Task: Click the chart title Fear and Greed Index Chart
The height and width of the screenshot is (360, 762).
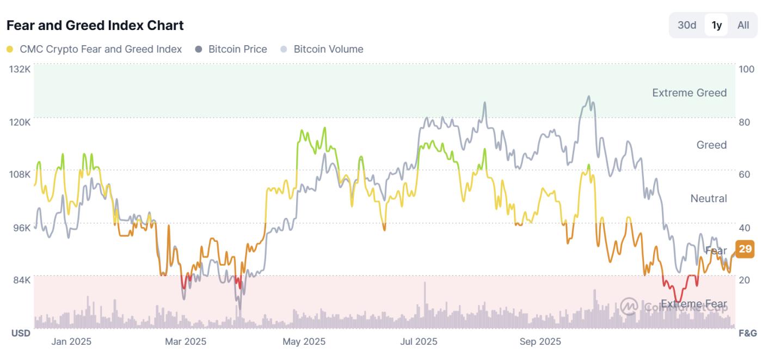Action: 95,25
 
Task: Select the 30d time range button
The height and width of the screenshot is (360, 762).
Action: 687,25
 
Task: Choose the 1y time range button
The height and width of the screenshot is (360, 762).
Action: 716,25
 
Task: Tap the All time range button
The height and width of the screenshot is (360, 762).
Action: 743,25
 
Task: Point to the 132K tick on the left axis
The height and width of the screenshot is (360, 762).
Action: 20,69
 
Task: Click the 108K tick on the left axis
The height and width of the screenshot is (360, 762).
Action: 20,174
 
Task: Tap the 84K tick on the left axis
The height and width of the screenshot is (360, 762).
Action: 22,280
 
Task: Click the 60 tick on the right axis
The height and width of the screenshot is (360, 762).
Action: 745,174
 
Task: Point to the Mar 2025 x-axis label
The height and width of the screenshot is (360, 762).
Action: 186,342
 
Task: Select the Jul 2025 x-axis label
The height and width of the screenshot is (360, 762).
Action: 419,342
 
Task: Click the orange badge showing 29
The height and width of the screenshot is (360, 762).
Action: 745,249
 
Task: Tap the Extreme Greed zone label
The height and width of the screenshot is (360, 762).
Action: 689,93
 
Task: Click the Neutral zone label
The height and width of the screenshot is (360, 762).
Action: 708,198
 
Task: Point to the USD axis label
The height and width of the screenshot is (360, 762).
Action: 21,333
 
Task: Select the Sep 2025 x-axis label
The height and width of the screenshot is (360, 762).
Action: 540,342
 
